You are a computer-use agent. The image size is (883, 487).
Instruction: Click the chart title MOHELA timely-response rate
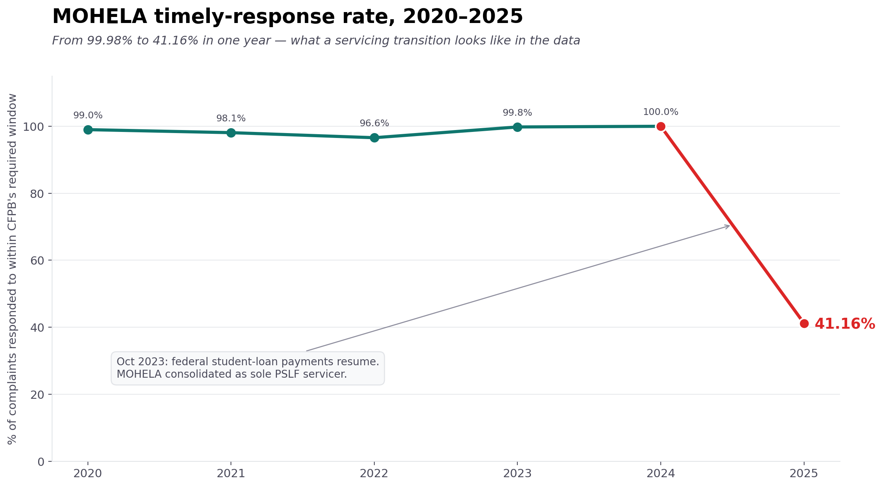click(287, 17)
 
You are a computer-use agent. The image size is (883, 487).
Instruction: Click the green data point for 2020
click(88, 130)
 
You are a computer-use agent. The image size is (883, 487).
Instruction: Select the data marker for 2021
click(231, 133)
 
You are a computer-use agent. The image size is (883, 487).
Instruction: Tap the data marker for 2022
click(374, 138)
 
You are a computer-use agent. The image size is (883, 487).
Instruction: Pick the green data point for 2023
click(517, 127)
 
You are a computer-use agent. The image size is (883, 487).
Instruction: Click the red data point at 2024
click(661, 126)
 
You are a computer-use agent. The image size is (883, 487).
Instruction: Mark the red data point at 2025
click(804, 323)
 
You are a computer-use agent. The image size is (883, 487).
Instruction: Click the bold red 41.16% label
click(845, 324)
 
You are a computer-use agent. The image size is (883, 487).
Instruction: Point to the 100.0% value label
click(660, 112)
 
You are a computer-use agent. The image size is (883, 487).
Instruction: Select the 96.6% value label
click(374, 123)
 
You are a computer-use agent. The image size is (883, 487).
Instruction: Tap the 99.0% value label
click(88, 115)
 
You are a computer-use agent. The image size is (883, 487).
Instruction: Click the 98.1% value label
click(231, 118)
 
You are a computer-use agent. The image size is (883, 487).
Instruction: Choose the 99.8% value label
click(517, 113)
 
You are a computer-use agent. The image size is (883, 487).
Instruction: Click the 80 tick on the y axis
click(37, 194)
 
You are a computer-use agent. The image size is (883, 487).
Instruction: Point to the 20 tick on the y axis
click(37, 395)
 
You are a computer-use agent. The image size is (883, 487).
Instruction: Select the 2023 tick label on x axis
click(517, 474)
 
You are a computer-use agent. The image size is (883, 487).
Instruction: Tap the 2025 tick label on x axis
click(804, 474)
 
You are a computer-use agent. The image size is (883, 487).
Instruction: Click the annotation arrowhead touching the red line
click(728, 226)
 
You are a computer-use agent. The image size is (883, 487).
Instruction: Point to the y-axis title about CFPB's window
click(12, 268)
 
